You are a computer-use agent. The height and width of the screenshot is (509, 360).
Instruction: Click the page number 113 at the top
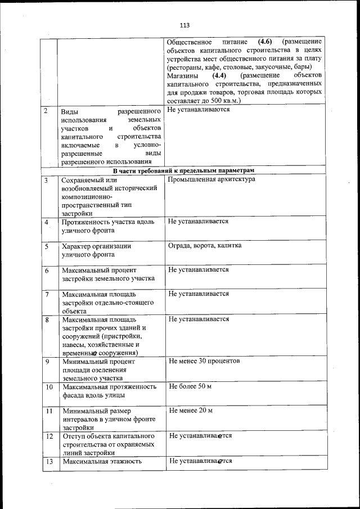pos(184,25)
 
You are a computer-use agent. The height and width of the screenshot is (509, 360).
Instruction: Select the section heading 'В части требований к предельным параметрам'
pos(183,170)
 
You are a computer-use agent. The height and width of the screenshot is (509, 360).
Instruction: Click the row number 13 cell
pos(49,461)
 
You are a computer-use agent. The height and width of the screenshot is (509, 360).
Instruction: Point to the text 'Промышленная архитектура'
pos(211,179)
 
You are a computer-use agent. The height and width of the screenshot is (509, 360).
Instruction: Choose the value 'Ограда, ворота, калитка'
pos(205,246)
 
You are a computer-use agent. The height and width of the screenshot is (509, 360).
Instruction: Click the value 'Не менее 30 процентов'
pos(204,361)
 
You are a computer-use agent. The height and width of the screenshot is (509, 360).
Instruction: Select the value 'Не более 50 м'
pos(190,386)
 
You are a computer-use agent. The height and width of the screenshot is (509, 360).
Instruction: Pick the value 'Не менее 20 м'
pos(191,411)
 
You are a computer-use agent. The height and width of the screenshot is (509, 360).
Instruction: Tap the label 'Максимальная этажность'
pos(101,461)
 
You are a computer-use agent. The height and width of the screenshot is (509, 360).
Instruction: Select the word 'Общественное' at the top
pos(190,42)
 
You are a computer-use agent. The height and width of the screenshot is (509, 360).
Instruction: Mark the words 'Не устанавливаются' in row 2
pos(199,109)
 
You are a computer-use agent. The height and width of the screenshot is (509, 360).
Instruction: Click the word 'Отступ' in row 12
pos(74,436)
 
